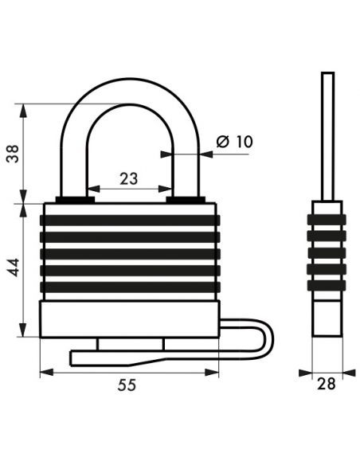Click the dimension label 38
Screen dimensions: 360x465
pos(13,154)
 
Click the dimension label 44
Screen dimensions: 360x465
pos(14,268)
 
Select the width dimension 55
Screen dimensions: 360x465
pos(127,385)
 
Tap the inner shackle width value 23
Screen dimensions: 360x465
pos(129,179)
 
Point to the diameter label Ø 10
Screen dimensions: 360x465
pos(234,142)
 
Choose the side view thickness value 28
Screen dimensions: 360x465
pos(327,384)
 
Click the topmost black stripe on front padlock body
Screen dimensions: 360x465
pos(130,220)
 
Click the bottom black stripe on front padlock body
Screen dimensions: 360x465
pos(130,287)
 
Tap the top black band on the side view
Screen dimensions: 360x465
pos(327,220)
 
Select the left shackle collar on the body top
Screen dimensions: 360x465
pos(75,200)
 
